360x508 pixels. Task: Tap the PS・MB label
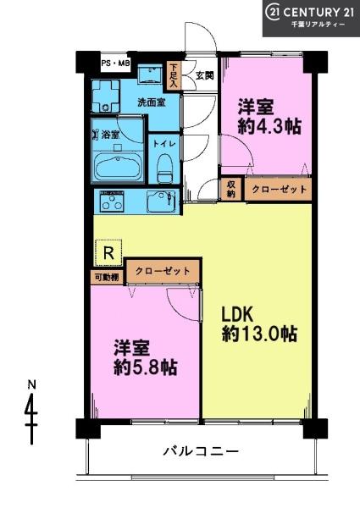coord(115,63)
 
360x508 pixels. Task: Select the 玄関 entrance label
coord(205,76)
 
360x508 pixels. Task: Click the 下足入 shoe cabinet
coord(174,76)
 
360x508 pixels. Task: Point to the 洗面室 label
coord(152,102)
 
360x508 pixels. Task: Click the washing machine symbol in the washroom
coord(105,96)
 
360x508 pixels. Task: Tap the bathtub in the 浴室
coord(119,168)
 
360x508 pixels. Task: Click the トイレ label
coord(164,144)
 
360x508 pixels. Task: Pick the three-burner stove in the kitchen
coord(112,202)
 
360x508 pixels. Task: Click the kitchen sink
coord(161,202)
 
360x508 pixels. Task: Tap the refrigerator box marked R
coord(109,253)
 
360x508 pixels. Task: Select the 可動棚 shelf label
coord(107,278)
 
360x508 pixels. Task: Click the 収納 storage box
coord(230,189)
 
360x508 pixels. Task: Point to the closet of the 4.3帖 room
coord(278,189)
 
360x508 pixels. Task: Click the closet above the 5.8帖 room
coord(163,271)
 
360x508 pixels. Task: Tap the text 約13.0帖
coord(259,333)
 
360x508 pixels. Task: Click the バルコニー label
coord(201,451)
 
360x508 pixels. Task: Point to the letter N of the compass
coord(31,385)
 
